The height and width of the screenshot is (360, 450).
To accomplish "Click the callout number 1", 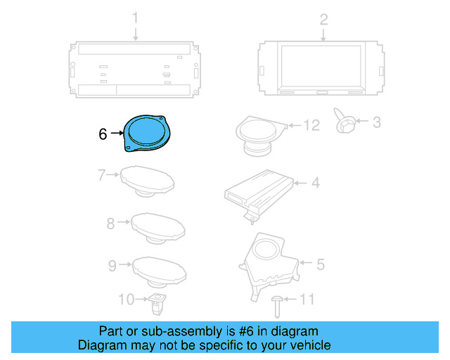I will (x=136, y=19).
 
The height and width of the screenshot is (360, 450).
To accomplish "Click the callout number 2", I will (x=324, y=19).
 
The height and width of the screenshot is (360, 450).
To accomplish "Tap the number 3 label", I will (x=376, y=123).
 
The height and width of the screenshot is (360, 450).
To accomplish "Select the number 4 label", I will (x=316, y=183).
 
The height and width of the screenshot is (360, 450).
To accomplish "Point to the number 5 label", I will (x=320, y=264).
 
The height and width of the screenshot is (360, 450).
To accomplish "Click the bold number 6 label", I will (x=103, y=133).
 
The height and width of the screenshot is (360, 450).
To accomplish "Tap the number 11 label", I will (x=307, y=300).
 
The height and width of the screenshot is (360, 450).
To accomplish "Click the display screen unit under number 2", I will (x=323, y=68).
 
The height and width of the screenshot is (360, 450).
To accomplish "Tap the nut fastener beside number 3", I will (x=345, y=122).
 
